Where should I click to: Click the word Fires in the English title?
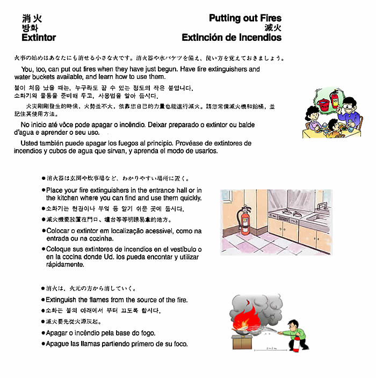pyautogui.click(x=267, y=18)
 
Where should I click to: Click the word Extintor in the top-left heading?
pyautogui.click(x=39, y=38)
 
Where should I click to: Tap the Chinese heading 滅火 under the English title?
pyautogui.click(x=273, y=28)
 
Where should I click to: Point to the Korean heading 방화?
pyautogui.click(x=30, y=28)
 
